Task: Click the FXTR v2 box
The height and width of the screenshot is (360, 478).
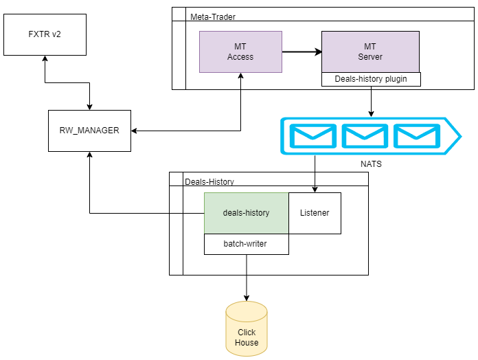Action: (45, 34)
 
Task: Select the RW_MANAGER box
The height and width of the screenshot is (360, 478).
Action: (89, 130)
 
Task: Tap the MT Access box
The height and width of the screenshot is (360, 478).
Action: (240, 52)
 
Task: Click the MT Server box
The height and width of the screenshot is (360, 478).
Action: (370, 52)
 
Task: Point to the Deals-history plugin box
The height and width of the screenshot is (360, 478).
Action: (371, 79)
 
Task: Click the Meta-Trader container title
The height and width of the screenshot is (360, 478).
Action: (213, 16)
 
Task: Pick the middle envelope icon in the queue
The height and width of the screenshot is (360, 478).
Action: (365, 136)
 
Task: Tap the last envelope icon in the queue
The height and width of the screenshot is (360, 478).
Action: (417, 136)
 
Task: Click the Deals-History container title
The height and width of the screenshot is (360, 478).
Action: (209, 181)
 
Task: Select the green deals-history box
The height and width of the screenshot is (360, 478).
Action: (246, 213)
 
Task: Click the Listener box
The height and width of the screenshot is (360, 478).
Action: (315, 213)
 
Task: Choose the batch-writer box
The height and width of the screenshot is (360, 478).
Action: (246, 244)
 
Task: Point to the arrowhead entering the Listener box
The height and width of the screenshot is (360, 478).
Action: (315, 189)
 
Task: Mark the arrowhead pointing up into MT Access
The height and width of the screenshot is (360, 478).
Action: (241, 76)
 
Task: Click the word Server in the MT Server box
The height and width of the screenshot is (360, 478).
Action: (370, 57)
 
